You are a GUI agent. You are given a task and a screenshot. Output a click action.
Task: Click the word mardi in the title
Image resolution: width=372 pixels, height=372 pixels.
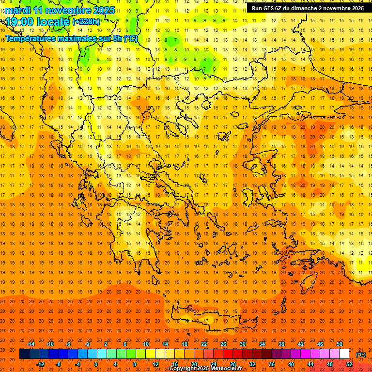(x=18, y=10)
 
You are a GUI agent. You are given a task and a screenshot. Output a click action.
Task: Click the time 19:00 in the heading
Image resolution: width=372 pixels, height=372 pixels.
(x=22, y=22)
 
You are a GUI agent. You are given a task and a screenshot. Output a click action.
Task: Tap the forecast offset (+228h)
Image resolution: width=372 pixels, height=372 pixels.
(x=86, y=22)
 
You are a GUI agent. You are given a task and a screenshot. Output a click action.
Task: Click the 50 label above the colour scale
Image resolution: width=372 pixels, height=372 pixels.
(x=340, y=344)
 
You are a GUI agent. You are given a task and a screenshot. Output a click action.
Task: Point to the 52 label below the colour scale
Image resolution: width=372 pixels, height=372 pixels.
(x=349, y=364)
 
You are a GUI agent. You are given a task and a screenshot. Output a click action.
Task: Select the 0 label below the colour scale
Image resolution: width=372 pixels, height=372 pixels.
(x=96, y=364)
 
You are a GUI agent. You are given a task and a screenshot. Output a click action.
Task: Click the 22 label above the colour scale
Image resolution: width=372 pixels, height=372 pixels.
(x=204, y=344)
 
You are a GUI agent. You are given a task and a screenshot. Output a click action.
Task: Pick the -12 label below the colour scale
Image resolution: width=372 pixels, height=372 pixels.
(x=40, y=364)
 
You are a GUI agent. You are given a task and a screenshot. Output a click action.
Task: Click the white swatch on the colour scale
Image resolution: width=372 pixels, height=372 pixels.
(x=344, y=354)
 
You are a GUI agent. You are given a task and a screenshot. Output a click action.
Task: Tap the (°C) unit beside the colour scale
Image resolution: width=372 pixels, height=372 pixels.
(x=361, y=355)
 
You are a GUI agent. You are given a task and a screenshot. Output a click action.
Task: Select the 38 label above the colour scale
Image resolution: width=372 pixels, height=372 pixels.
(x=281, y=344)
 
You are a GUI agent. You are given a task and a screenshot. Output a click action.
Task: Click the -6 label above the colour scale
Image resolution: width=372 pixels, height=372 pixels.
(x=68, y=344)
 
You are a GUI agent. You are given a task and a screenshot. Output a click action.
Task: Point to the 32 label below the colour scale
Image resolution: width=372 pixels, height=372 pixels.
(x=252, y=364)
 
